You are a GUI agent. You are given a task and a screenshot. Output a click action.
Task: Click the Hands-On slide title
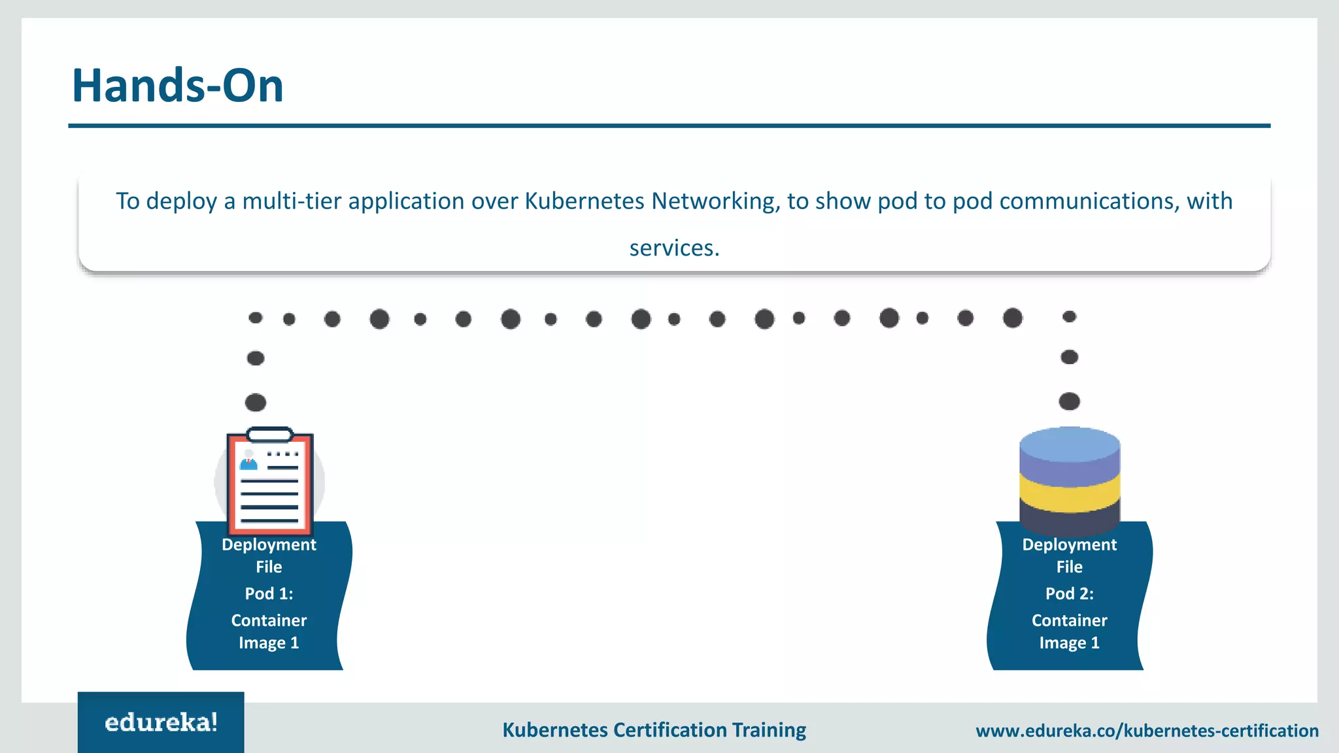[177, 86]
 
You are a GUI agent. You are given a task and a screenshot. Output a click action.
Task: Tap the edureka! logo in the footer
[161, 722]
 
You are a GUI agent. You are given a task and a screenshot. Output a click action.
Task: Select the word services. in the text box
[674, 248]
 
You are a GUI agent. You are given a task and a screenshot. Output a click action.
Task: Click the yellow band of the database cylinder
[1070, 494]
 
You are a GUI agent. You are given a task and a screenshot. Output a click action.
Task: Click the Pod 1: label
[269, 594]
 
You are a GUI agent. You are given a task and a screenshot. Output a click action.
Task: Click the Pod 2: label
[1069, 594]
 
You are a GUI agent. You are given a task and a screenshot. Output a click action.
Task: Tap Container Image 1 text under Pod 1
[269, 631]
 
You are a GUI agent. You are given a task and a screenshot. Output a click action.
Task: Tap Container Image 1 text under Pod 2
[1069, 631]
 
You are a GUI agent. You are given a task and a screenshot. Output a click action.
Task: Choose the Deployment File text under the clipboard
[269, 556]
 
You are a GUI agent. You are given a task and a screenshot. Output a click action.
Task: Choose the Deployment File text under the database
[1069, 556]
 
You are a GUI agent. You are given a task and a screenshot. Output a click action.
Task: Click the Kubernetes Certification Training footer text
[654, 730]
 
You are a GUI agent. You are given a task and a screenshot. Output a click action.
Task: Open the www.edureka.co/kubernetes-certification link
[1147, 731]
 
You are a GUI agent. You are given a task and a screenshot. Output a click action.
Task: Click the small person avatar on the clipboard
[248, 460]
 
